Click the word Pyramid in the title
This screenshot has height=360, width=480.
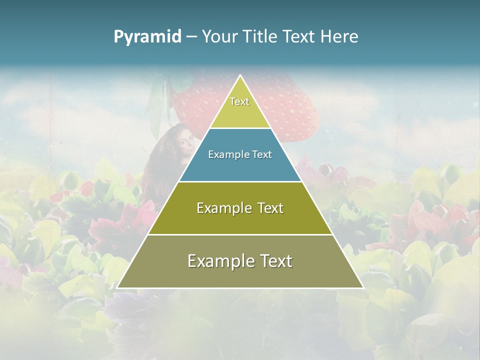click(147, 37)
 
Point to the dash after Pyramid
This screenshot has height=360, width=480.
click(191, 37)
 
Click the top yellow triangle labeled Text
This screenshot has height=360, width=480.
click(240, 107)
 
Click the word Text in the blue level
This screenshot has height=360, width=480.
click(262, 155)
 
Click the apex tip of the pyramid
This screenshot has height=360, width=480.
click(240, 75)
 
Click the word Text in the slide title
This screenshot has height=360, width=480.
click(298, 37)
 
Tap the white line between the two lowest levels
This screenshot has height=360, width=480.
click(240, 234)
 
